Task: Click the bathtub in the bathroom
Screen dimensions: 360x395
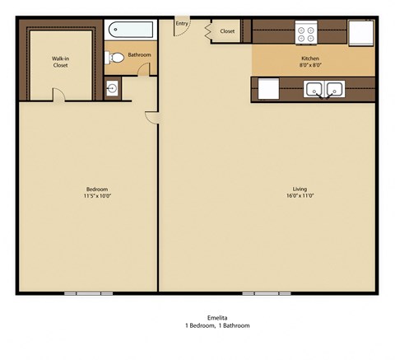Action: click(x=132, y=30)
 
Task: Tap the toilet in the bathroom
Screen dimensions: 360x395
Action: click(x=116, y=57)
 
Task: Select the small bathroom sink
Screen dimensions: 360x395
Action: click(x=113, y=88)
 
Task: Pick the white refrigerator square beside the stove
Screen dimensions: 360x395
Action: click(x=360, y=32)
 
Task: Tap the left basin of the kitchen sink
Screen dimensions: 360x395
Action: click(x=314, y=89)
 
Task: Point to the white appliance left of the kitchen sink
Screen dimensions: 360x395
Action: click(x=269, y=88)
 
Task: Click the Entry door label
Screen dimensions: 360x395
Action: click(x=181, y=24)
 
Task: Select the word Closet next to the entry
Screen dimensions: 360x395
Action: click(x=227, y=31)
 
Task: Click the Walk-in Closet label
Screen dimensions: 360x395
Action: click(x=60, y=62)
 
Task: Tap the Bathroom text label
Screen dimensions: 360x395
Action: click(x=139, y=54)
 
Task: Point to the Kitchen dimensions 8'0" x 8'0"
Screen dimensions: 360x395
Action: click(x=310, y=64)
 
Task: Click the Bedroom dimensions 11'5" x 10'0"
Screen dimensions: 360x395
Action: click(x=96, y=196)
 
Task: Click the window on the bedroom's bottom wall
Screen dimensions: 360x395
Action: click(x=89, y=293)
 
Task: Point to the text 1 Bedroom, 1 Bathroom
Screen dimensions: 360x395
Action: click(x=217, y=325)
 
